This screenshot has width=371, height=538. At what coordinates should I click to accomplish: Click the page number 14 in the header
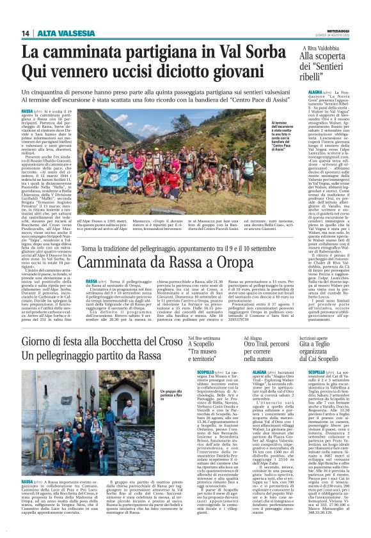click(25, 33)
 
